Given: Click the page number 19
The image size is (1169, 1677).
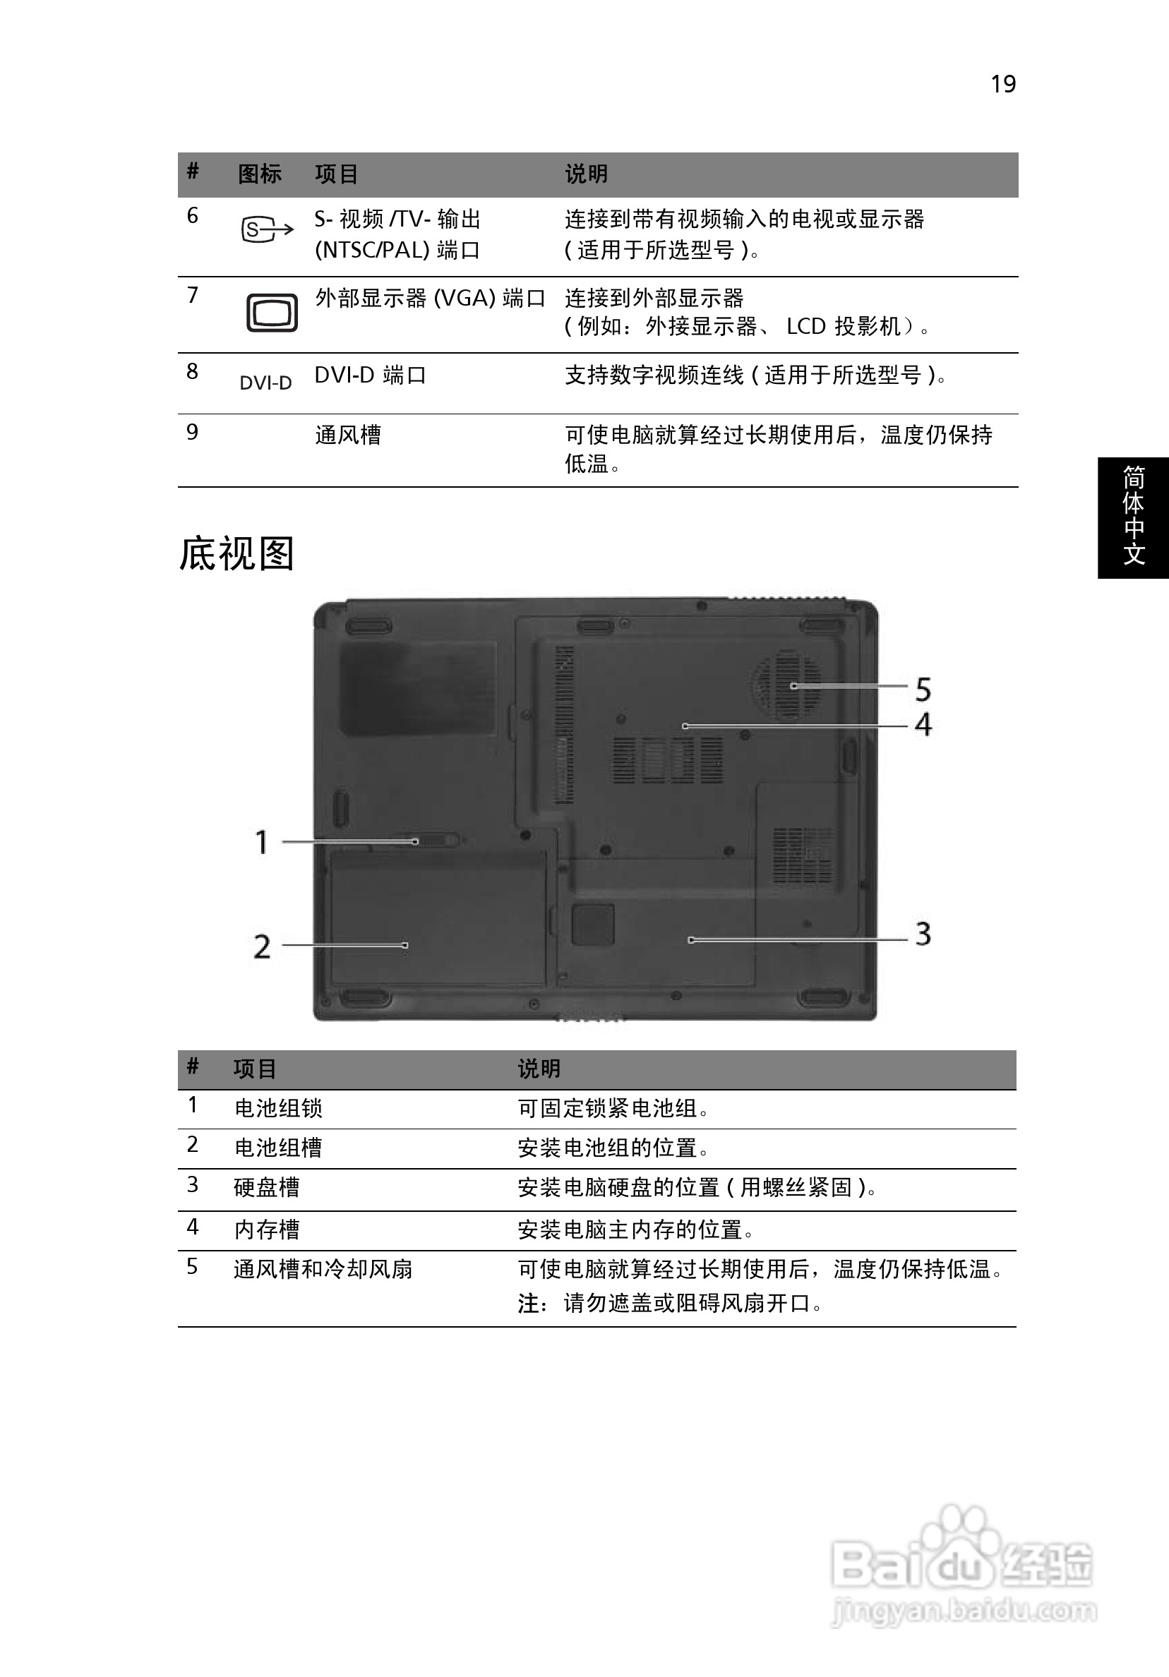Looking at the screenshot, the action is (1003, 84).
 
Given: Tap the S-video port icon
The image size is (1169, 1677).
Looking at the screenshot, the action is (267, 230).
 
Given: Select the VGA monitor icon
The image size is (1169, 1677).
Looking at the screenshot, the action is (272, 313).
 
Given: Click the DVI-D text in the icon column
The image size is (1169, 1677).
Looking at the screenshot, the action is (265, 383).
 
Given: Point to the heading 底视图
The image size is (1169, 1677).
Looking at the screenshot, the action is (236, 553).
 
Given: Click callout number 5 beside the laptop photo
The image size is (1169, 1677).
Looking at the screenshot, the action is (923, 690).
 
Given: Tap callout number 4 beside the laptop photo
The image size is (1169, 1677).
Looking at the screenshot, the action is (923, 725).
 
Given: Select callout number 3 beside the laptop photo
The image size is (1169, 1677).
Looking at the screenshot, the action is (923, 934).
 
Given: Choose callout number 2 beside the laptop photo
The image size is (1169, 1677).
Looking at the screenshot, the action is (263, 946).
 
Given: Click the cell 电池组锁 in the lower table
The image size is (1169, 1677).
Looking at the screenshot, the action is (278, 1108).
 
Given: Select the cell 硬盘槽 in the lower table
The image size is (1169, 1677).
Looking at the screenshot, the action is (267, 1187).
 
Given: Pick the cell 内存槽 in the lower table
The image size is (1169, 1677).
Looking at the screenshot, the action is (267, 1230).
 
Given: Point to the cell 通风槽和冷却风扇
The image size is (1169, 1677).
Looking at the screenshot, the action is (323, 1269).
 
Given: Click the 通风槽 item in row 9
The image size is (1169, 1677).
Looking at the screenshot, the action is (348, 435).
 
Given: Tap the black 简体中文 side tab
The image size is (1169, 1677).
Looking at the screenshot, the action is (1133, 518).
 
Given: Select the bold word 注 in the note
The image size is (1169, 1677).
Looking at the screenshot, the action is (528, 1303).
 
